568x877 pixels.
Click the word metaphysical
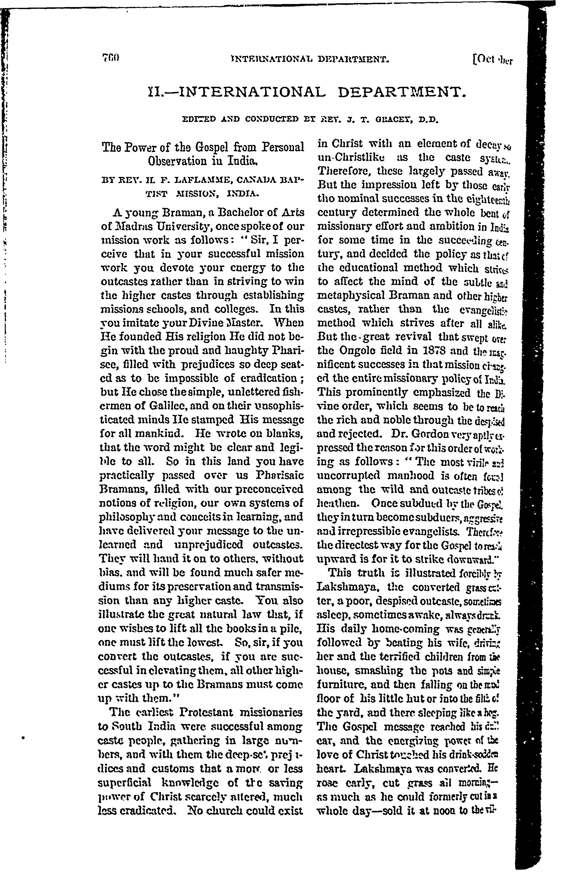coord(355,295)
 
